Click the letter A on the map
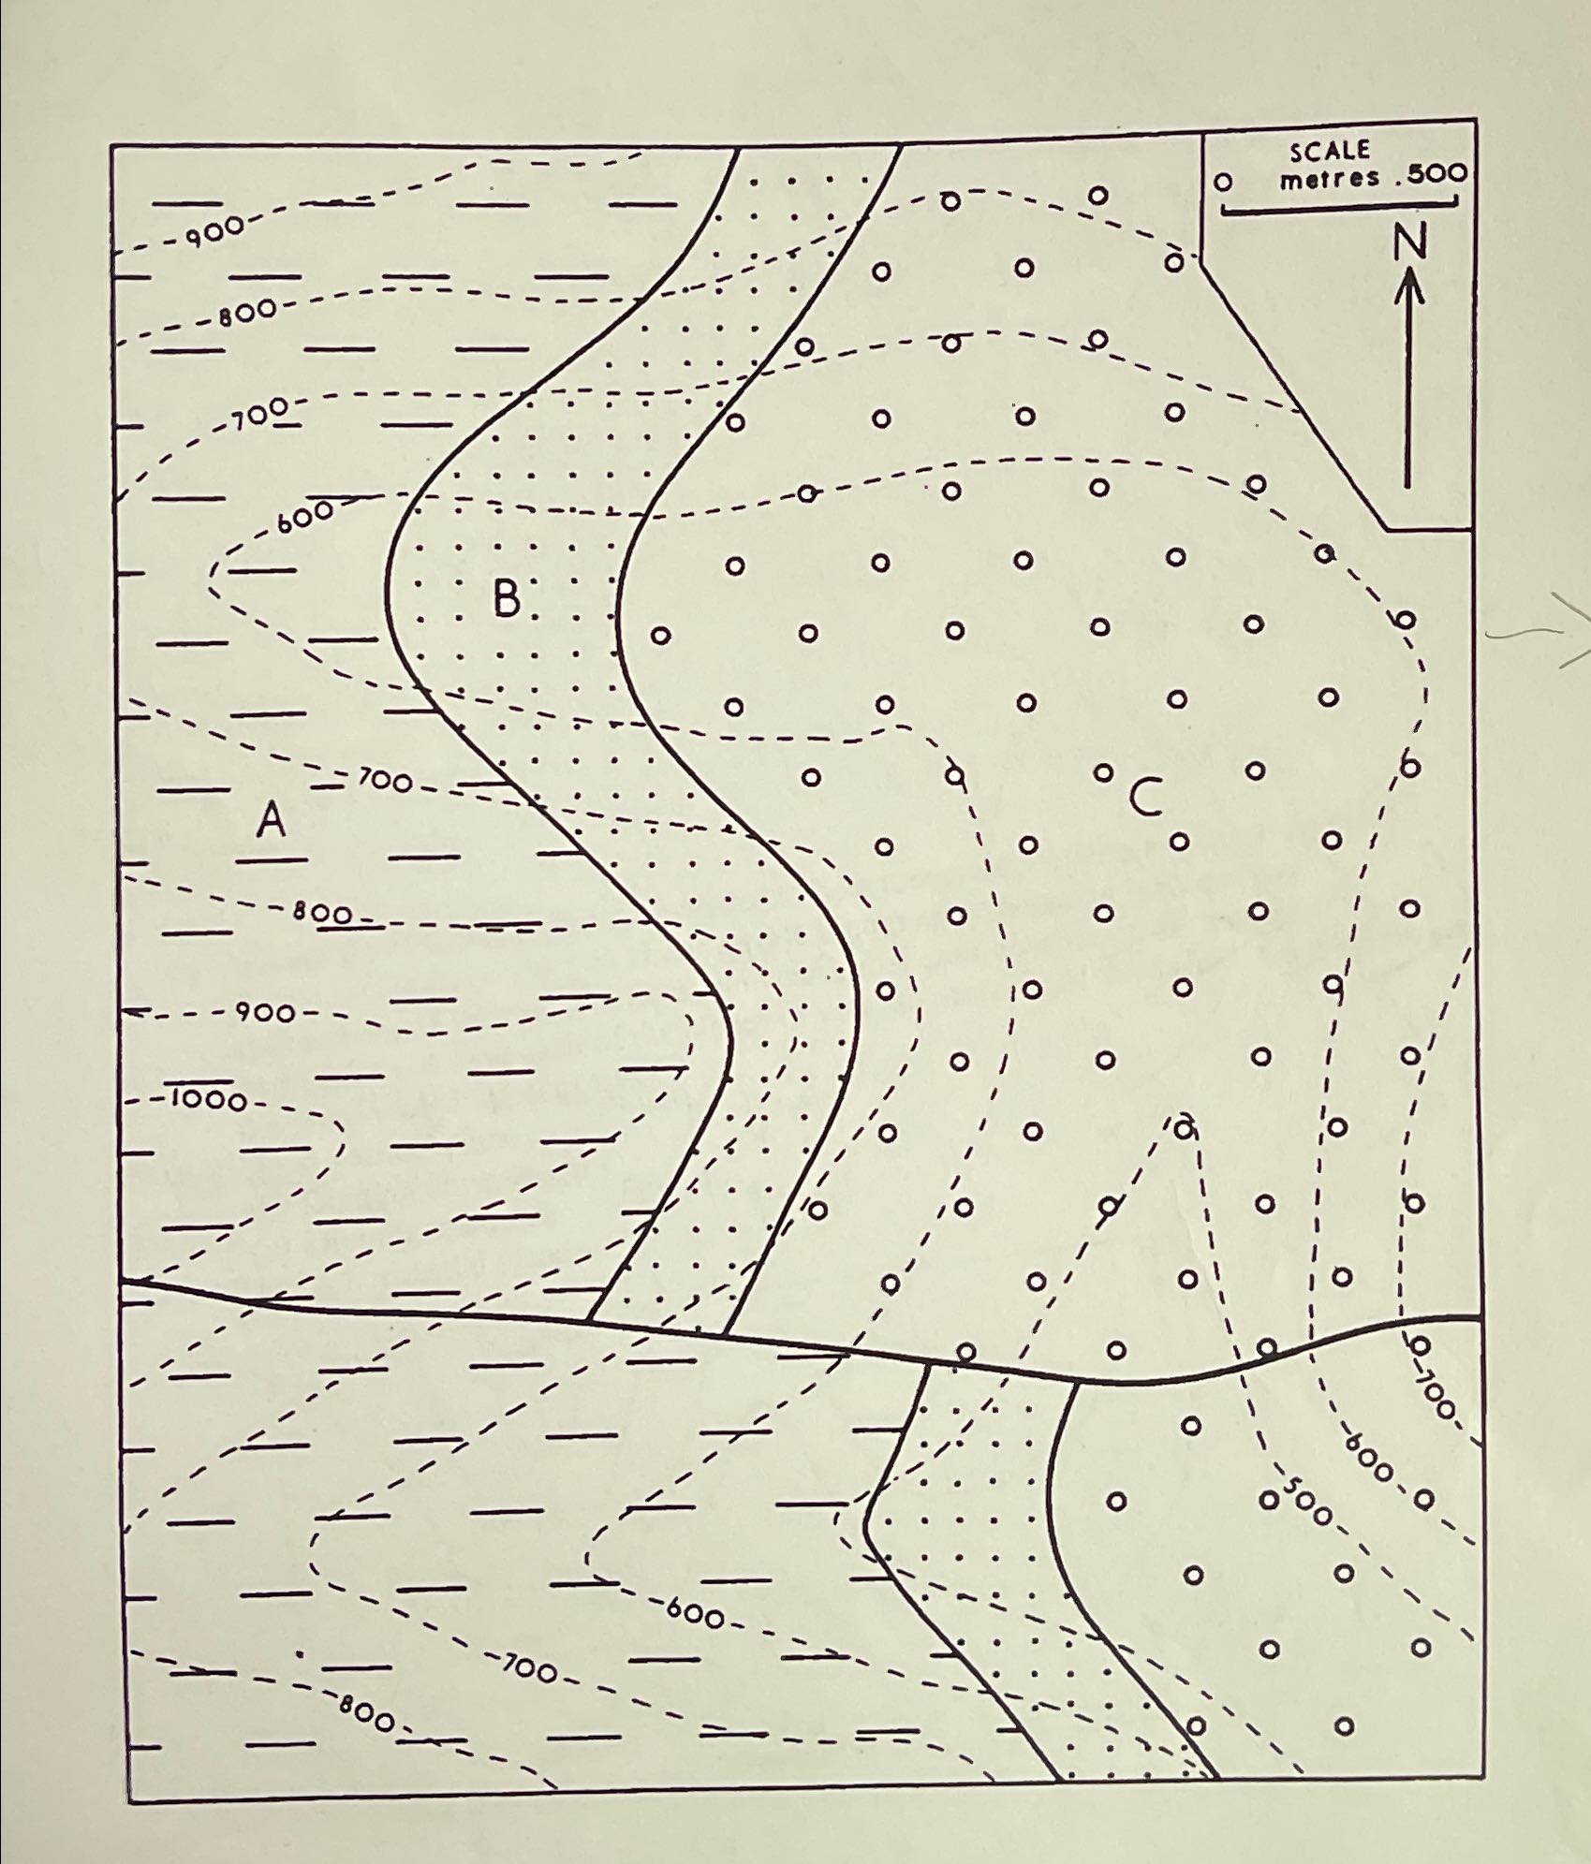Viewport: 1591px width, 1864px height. click(x=272, y=821)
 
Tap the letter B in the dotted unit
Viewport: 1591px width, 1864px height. click(x=507, y=598)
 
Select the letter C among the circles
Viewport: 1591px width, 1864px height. click(x=1145, y=798)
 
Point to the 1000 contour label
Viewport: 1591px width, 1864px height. click(x=208, y=1099)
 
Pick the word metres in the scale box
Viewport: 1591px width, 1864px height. click(x=1330, y=178)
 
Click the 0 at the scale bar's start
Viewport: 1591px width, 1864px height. click(x=1223, y=182)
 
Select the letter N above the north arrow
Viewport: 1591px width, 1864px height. click(x=1409, y=243)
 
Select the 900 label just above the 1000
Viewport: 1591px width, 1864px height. click(x=264, y=1012)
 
